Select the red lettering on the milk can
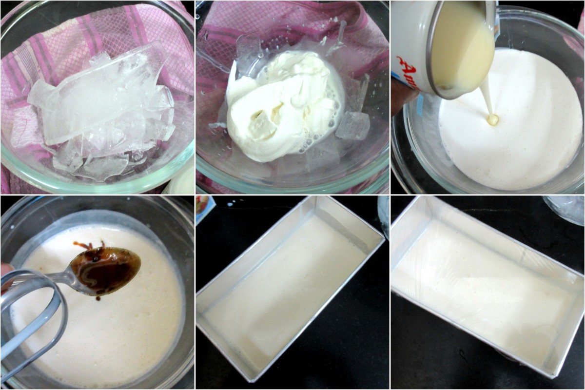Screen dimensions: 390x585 (407, 73)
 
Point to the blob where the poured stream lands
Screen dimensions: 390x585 (493, 119)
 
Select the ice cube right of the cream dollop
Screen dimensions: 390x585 (352, 125)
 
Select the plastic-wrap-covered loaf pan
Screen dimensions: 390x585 (487, 283)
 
